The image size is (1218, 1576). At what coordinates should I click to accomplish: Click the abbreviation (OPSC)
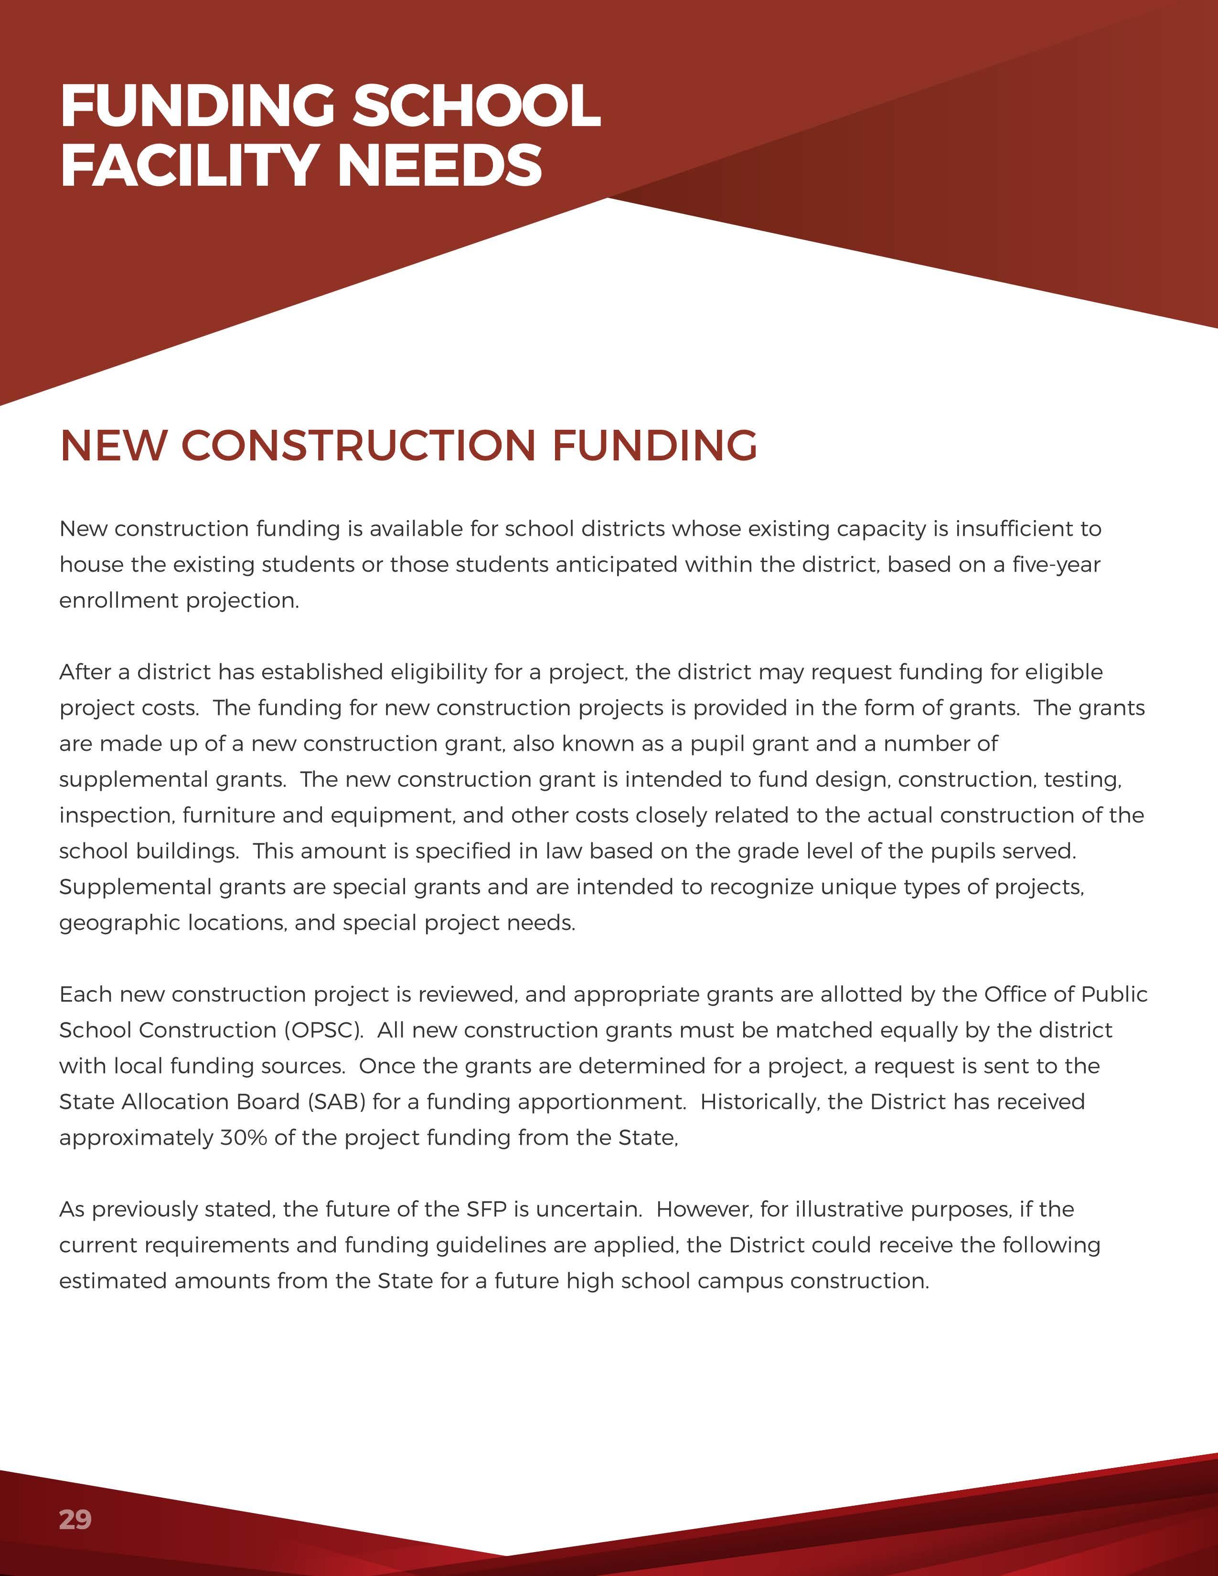pyautogui.click(x=324, y=1030)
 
